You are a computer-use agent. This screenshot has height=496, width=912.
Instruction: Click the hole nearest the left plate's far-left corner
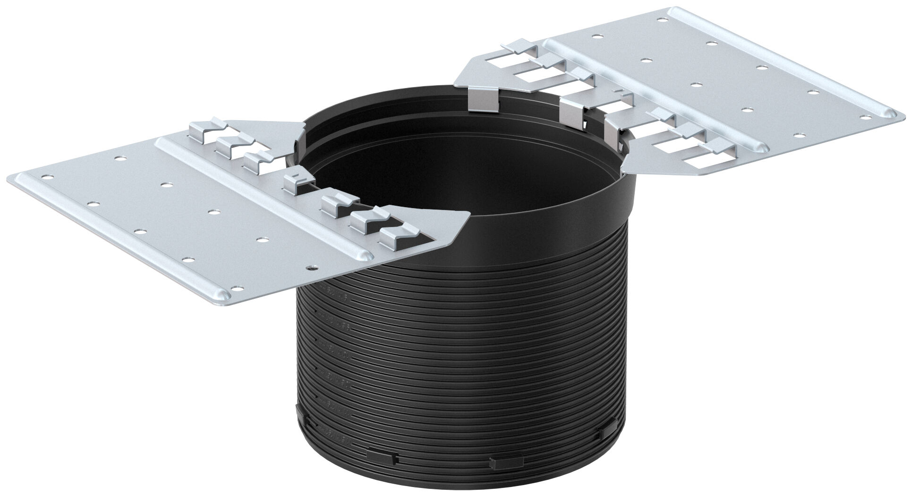[x=46, y=178]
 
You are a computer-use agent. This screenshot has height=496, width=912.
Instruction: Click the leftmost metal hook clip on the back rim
[x=482, y=101]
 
